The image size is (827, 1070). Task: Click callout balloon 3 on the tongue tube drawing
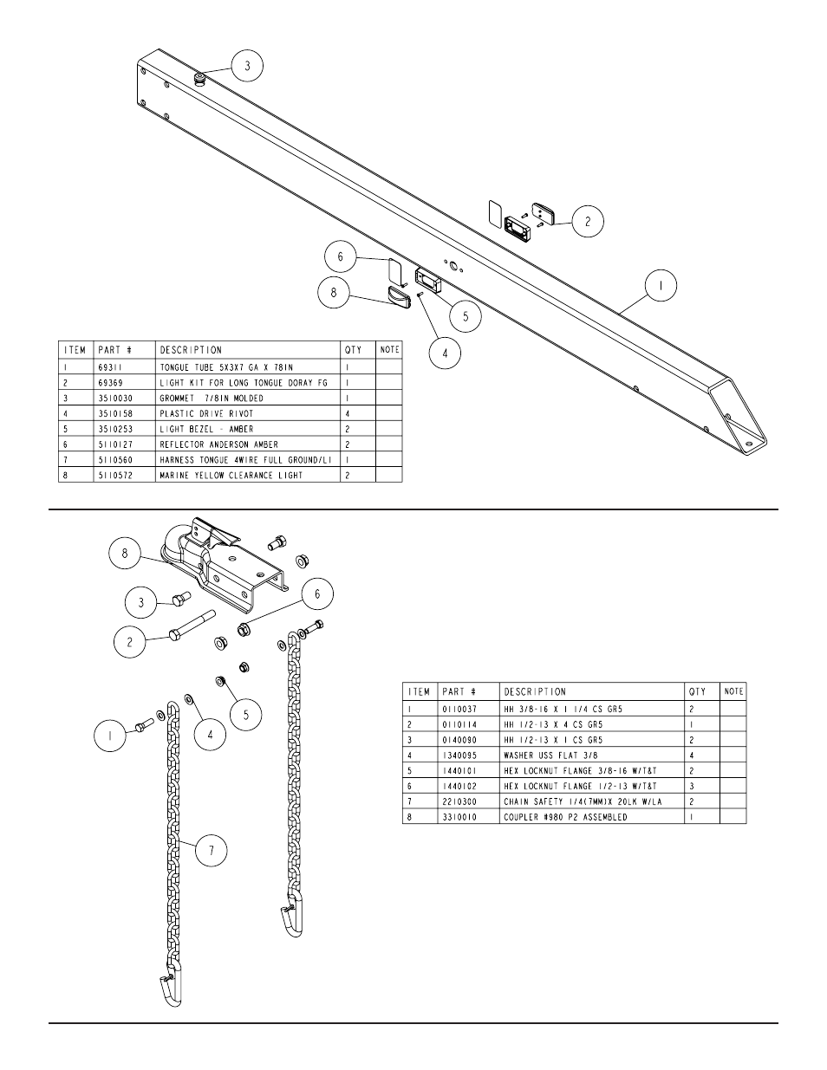click(x=246, y=65)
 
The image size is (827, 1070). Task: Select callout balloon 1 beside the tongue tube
click(x=661, y=286)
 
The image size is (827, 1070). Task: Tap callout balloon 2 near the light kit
click(x=587, y=222)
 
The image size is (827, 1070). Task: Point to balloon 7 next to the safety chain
click(x=212, y=852)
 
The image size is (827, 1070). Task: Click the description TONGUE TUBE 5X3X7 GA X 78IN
click(x=226, y=367)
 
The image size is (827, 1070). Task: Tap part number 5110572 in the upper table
click(x=116, y=476)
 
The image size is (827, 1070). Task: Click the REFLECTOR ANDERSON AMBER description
click(x=218, y=444)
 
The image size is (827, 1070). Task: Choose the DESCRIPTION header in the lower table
click(x=535, y=691)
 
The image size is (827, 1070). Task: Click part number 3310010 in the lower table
click(x=460, y=817)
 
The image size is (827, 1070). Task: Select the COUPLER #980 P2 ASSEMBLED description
click(x=565, y=817)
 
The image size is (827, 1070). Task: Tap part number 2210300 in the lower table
click(x=460, y=801)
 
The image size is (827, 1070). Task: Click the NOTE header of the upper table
click(x=389, y=349)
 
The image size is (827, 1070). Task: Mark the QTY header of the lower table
click(x=698, y=691)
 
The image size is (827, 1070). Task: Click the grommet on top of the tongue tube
click(x=200, y=80)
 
